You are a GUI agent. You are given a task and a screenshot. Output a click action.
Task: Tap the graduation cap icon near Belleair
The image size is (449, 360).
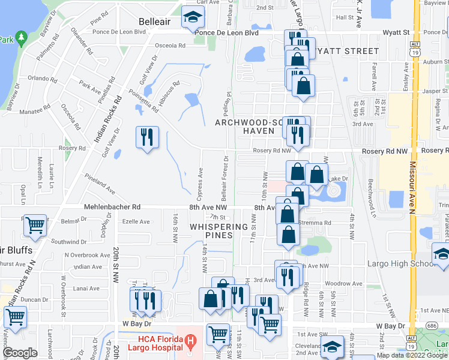[193, 19]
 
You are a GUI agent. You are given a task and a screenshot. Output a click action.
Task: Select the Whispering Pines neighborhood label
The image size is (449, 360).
[219, 231]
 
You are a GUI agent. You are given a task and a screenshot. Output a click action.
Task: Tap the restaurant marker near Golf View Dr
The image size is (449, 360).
[146, 137]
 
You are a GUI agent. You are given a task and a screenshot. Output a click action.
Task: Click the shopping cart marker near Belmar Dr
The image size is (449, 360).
[35, 226]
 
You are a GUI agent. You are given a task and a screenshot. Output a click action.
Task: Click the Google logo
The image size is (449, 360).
[20, 353]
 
